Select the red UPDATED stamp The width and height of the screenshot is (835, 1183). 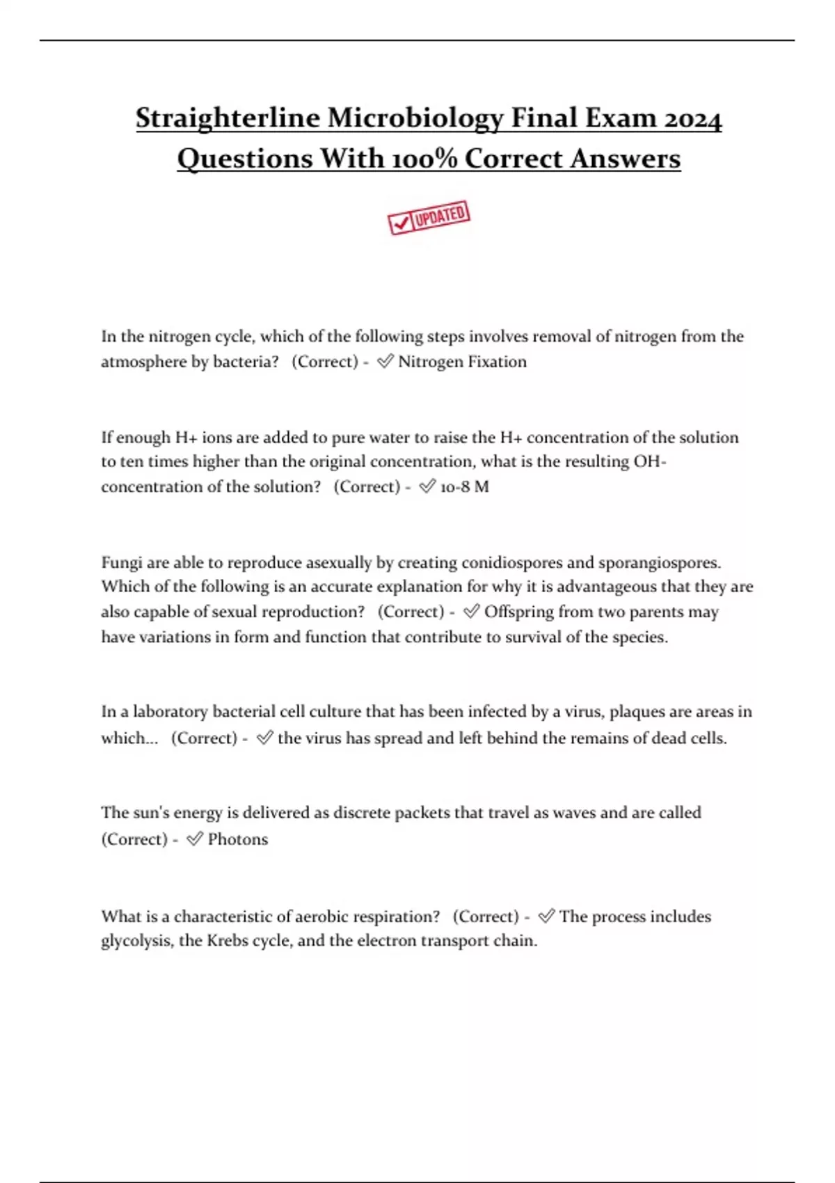click(429, 217)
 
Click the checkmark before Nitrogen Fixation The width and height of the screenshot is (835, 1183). click(385, 361)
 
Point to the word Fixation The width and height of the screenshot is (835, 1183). click(496, 362)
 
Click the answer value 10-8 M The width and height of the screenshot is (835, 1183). click(464, 486)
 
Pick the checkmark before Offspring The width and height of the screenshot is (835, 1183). click(471, 611)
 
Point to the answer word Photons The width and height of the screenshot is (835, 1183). click(237, 839)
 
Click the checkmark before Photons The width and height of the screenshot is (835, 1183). click(195, 839)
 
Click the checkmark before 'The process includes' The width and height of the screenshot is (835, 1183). click(546, 916)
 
